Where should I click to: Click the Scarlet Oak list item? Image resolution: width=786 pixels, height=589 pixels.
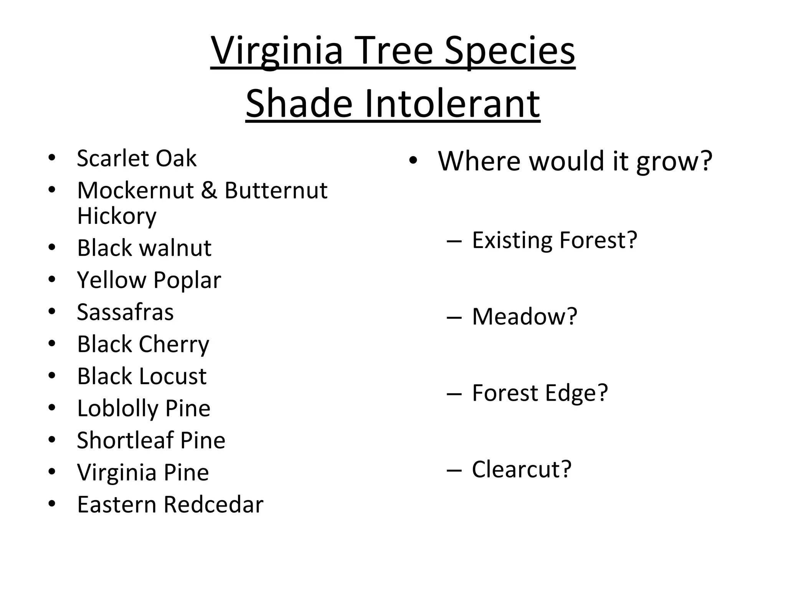pyautogui.click(x=137, y=158)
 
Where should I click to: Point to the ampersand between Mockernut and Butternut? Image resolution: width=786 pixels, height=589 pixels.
pyautogui.click(x=209, y=190)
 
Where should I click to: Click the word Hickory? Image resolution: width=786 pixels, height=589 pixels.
pyautogui.click(x=117, y=216)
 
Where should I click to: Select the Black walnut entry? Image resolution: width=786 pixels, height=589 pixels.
pyautogui.click(x=144, y=248)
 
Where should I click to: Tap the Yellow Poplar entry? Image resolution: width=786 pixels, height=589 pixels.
pyautogui.click(x=149, y=280)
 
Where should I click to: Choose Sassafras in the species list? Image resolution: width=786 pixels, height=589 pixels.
pyautogui.click(x=125, y=312)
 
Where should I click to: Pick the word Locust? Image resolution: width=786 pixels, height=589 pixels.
pyautogui.click(x=173, y=376)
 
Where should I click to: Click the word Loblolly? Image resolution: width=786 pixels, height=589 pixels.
pyautogui.click(x=117, y=408)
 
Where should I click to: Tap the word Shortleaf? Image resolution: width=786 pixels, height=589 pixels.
pyautogui.click(x=125, y=440)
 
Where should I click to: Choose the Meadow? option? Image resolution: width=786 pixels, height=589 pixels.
pyautogui.click(x=524, y=316)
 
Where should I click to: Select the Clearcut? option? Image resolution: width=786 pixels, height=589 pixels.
pyautogui.click(x=521, y=469)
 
